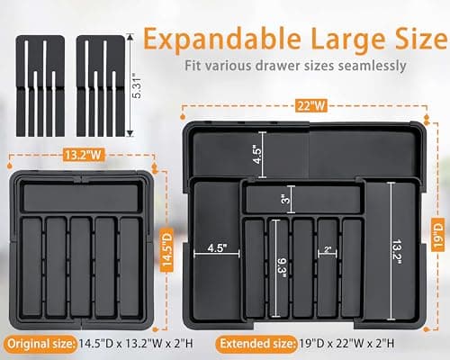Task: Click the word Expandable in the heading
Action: (209, 39)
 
